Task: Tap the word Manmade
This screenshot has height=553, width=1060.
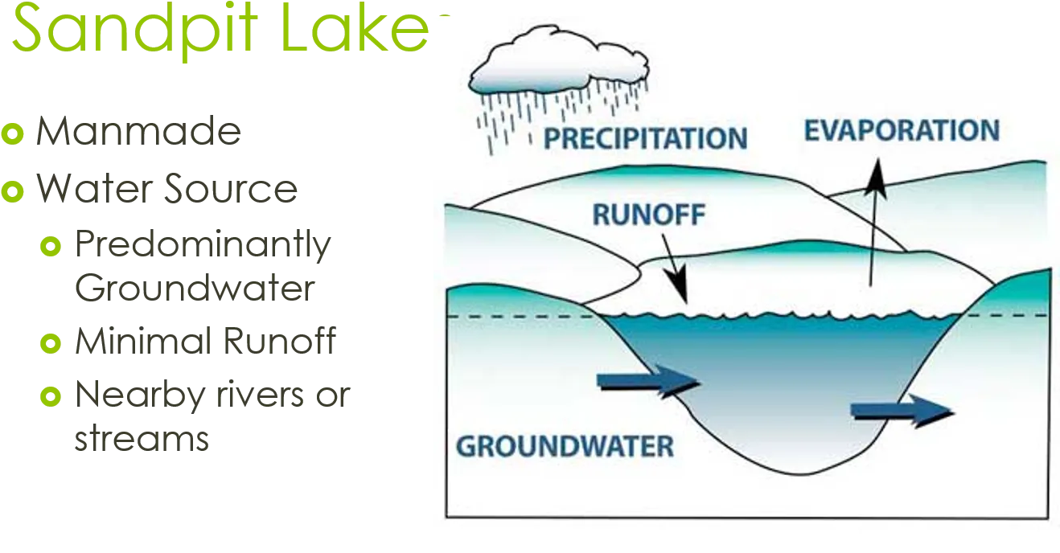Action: tap(138, 131)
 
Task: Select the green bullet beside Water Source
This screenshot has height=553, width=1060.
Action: tap(13, 191)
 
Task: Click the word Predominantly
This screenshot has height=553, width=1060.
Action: tap(203, 245)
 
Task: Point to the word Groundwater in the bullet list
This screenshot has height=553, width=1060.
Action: tap(195, 287)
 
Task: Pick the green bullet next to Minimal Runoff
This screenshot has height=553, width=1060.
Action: tap(51, 343)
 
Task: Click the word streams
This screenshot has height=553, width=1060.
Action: tap(142, 437)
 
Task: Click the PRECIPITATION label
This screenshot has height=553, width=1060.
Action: tap(646, 138)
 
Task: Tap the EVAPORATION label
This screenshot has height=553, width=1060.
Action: tap(902, 130)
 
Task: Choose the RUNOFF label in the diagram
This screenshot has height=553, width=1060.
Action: tap(649, 215)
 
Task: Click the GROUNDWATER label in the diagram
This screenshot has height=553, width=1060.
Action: tap(565, 447)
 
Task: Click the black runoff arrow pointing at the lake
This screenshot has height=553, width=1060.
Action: tap(675, 268)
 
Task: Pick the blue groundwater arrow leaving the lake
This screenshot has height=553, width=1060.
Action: tap(902, 412)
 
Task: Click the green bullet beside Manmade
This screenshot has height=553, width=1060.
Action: tap(13, 133)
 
